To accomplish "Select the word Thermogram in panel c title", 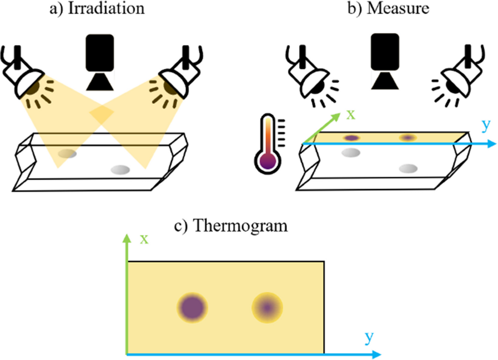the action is click(241, 226).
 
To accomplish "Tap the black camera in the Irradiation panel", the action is click(100, 62).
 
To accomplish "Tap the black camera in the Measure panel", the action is click(385, 61).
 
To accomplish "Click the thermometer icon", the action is click(269, 144).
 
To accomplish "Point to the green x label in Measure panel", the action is click(351, 115).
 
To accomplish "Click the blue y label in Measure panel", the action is click(486, 126).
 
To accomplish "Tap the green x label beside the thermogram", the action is click(144, 240).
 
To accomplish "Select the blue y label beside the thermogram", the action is click(369, 338).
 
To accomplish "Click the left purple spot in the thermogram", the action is click(192, 308).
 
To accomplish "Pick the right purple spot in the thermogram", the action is click(267, 308).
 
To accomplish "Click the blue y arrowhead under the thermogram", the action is click(376, 354).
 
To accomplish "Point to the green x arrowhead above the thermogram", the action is click(127, 239).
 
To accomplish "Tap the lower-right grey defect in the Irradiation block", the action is click(120, 170).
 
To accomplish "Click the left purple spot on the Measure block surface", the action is click(352, 138).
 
